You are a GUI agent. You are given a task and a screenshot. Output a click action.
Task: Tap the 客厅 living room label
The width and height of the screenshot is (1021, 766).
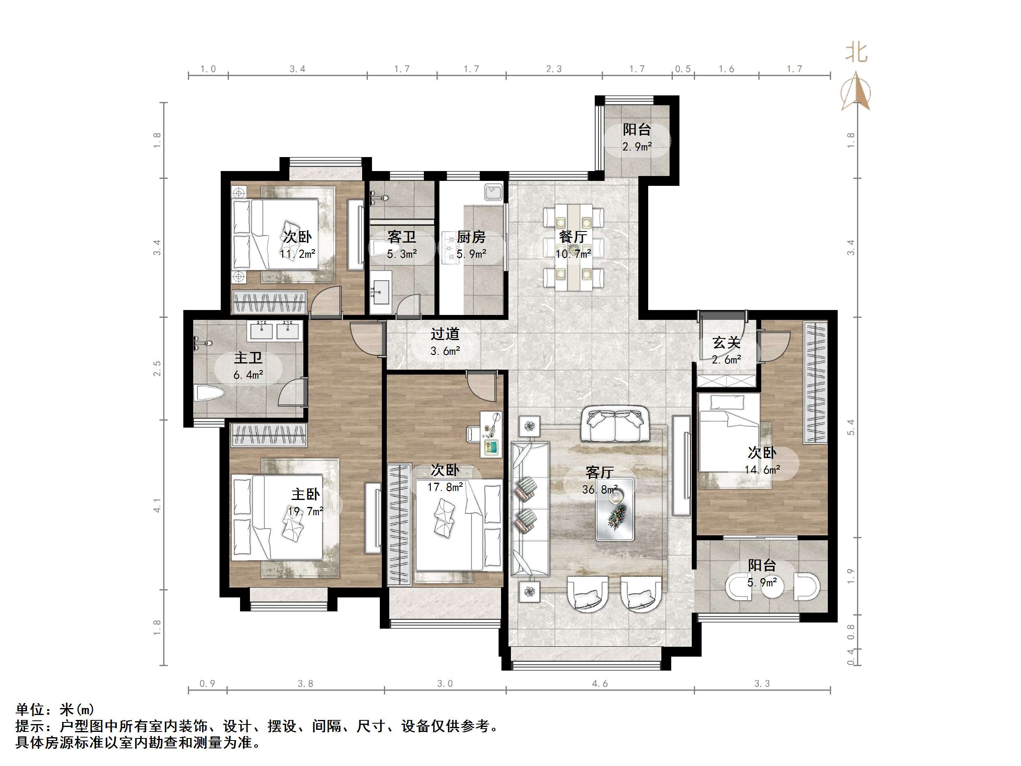(x=599, y=472)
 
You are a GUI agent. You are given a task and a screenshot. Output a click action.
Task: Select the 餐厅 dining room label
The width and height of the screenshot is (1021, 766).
(x=573, y=237)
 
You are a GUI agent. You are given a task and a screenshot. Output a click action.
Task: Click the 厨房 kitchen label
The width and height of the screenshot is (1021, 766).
(x=471, y=237)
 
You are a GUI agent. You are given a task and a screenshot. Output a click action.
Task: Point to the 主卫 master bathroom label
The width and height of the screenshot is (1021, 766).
(x=248, y=358)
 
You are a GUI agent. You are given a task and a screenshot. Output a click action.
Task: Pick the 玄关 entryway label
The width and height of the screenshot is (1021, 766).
(x=726, y=343)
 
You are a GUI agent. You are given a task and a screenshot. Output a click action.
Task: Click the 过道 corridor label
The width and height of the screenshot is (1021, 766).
(x=445, y=334)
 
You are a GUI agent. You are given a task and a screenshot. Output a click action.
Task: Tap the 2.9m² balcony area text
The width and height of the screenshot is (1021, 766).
(x=637, y=147)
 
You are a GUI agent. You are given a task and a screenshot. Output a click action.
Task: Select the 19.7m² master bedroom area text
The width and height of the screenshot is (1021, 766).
(x=305, y=511)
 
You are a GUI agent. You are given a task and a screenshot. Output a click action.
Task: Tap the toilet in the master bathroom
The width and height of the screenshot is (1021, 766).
(x=210, y=393)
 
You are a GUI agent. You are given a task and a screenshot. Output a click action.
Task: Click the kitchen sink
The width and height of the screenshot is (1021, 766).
(x=493, y=192)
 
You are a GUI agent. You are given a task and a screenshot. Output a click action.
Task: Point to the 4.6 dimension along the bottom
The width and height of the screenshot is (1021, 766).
(x=600, y=683)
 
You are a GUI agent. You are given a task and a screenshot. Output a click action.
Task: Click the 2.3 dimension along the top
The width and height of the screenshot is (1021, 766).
(x=554, y=69)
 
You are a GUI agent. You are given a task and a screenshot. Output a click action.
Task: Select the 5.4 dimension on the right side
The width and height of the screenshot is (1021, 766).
(x=851, y=427)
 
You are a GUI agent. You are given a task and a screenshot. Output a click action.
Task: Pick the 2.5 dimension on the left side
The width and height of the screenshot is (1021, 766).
(x=157, y=368)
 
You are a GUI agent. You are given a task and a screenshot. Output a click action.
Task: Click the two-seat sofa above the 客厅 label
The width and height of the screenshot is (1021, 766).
(x=615, y=424)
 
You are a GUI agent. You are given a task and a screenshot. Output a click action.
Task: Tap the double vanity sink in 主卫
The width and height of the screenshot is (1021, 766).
(x=275, y=331)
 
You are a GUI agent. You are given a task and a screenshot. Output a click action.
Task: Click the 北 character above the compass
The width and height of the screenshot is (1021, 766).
(x=856, y=53)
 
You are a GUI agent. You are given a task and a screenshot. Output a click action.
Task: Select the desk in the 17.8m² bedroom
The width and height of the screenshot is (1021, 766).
(x=491, y=434)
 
